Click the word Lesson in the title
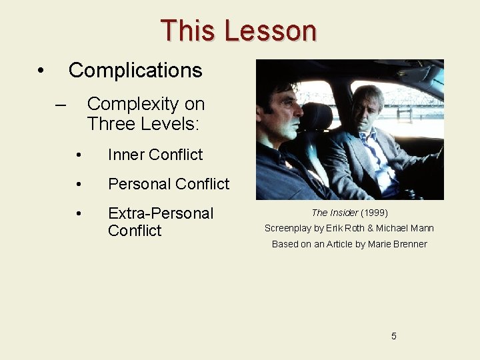(x=270, y=31)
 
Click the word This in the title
(x=189, y=31)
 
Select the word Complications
(x=135, y=70)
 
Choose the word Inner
(x=127, y=155)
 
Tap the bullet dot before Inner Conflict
(x=79, y=155)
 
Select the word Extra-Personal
(x=161, y=213)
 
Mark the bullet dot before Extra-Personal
(x=79, y=214)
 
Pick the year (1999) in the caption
(x=374, y=213)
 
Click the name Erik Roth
(x=345, y=228)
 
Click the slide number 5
(x=394, y=336)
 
